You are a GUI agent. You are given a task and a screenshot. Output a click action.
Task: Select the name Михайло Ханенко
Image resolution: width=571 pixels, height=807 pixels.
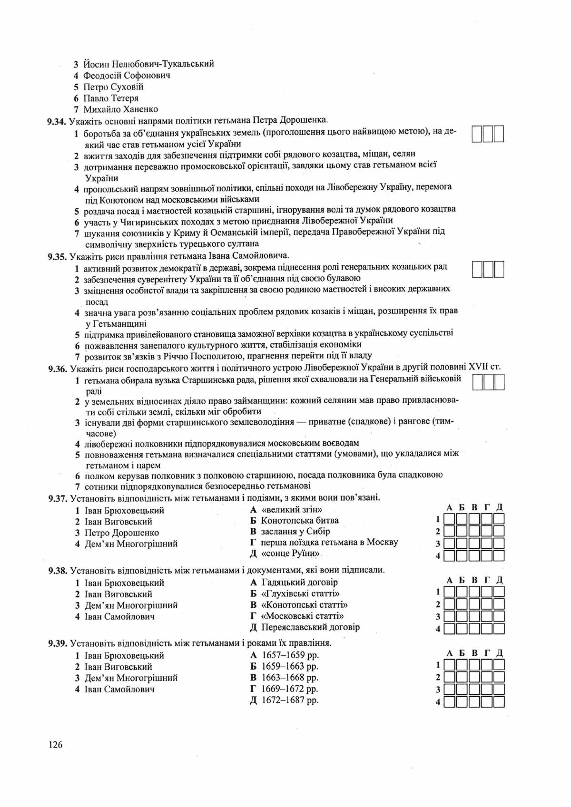pos(121,109)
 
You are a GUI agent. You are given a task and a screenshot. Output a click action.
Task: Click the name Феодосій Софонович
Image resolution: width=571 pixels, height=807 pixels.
pos(127,76)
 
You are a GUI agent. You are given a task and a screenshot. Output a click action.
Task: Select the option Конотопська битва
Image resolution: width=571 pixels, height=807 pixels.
pos(299,521)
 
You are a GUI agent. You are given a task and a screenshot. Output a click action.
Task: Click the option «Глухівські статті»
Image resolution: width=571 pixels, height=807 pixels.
pos(301,594)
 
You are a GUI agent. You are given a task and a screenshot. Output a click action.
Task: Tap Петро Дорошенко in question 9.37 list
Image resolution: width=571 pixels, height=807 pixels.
pos(122,533)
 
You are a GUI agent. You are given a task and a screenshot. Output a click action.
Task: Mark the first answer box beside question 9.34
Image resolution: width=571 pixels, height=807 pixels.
pos(477,134)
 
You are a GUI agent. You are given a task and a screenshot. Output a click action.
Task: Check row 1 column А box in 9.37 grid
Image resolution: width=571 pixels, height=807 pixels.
pos(449,519)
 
